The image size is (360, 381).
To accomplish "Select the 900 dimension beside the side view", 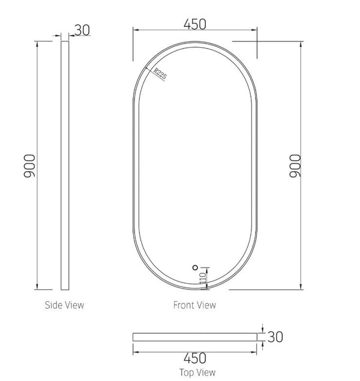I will pos(30,166).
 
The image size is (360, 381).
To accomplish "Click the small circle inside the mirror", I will pos(194,268).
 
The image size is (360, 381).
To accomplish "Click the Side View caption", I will pos(65,305).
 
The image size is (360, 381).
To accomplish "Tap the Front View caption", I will pos(194,305).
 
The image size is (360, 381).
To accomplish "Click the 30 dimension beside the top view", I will pos(274,337).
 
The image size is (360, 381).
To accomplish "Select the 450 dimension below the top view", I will pos(194,358).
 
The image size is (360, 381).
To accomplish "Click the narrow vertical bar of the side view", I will pos(65,166).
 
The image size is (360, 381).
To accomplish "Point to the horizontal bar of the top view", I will pos(194,337).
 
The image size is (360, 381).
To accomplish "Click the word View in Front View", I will pos(206,305).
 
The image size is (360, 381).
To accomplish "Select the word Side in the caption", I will pos(53,305).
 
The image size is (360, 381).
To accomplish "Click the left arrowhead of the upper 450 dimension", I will pos(135,30).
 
